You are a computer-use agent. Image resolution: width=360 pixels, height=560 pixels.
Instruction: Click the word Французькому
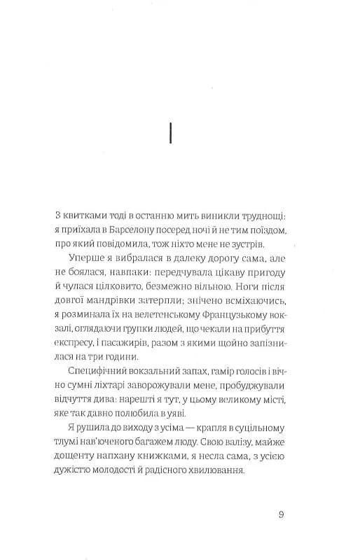[235, 333]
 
